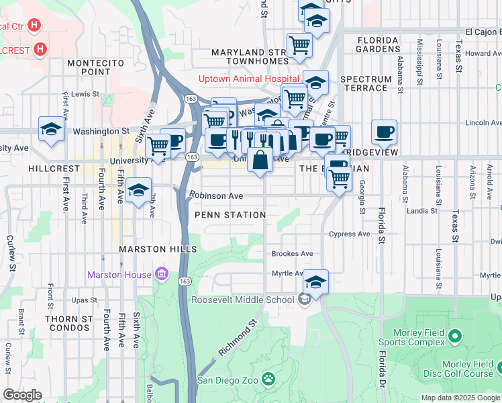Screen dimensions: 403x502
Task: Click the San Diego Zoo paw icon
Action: pos(268,380)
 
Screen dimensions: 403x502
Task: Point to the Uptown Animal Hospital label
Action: pos(244,79)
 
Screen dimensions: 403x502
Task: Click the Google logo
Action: pos(22,395)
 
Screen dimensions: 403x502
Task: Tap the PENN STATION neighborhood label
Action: pos(230,215)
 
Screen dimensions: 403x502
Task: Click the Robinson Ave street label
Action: pos(215,196)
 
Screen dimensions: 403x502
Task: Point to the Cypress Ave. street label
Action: pos(350,234)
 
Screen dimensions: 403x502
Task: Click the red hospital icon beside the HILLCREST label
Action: pos(40,49)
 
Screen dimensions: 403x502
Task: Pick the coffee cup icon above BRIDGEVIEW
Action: pos(384,132)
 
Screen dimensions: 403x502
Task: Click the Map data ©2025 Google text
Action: pos(460,398)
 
